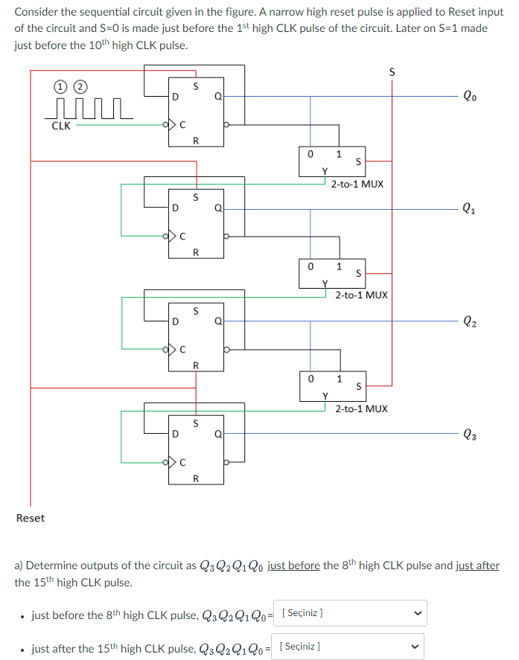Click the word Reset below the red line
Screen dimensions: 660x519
(31, 518)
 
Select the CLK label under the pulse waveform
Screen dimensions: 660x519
(61, 126)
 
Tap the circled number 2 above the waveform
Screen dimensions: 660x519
(74, 86)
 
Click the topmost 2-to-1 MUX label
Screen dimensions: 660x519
(357, 183)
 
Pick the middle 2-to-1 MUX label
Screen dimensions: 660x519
(361, 295)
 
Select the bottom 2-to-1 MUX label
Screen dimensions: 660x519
(361, 409)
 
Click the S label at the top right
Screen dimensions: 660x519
(393, 72)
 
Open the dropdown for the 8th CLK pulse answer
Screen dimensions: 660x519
(348, 614)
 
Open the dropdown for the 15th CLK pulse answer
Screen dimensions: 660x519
(348, 646)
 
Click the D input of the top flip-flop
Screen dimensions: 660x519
(174, 96)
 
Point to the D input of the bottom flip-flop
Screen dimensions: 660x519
(174, 435)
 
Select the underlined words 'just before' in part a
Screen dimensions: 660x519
(294, 566)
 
